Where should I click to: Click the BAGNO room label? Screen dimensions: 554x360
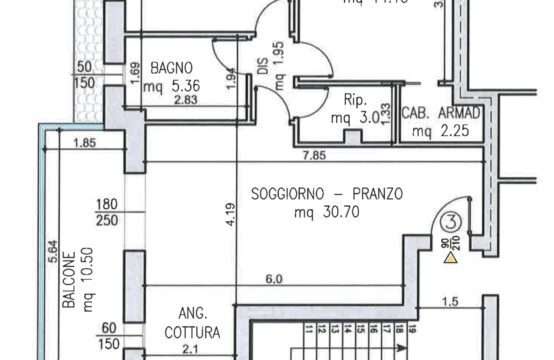172,68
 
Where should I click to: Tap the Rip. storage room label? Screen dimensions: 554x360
353,102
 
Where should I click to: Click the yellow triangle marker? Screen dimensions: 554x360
451,257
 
